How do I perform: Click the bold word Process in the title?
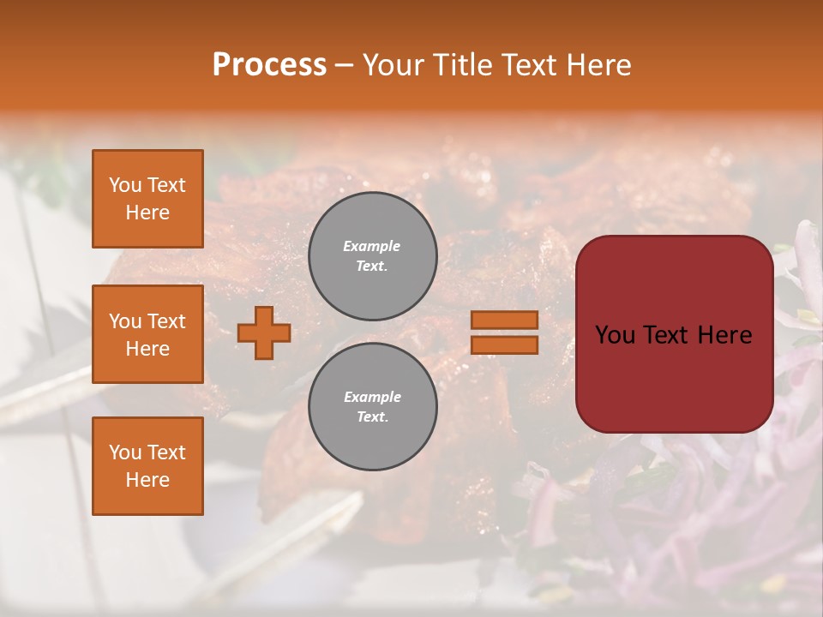click(269, 64)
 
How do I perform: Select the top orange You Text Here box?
click(147, 199)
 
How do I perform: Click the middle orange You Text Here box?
click(147, 334)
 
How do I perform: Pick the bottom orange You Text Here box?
click(147, 466)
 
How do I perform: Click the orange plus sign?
click(264, 332)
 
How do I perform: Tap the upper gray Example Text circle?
click(372, 256)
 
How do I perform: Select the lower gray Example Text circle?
click(372, 407)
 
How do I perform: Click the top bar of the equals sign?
click(504, 320)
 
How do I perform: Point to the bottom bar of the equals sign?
click(504, 344)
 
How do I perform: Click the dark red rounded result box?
click(674, 334)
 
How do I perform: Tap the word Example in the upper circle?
click(371, 246)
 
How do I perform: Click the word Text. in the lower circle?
click(372, 417)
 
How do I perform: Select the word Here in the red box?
click(724, 335)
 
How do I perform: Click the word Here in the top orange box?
click(147, 213)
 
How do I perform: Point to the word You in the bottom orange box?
click(125, 452)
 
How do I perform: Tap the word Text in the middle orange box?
click(166, 321)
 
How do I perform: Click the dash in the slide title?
click(344, 65)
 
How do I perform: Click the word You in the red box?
click(616, 335)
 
